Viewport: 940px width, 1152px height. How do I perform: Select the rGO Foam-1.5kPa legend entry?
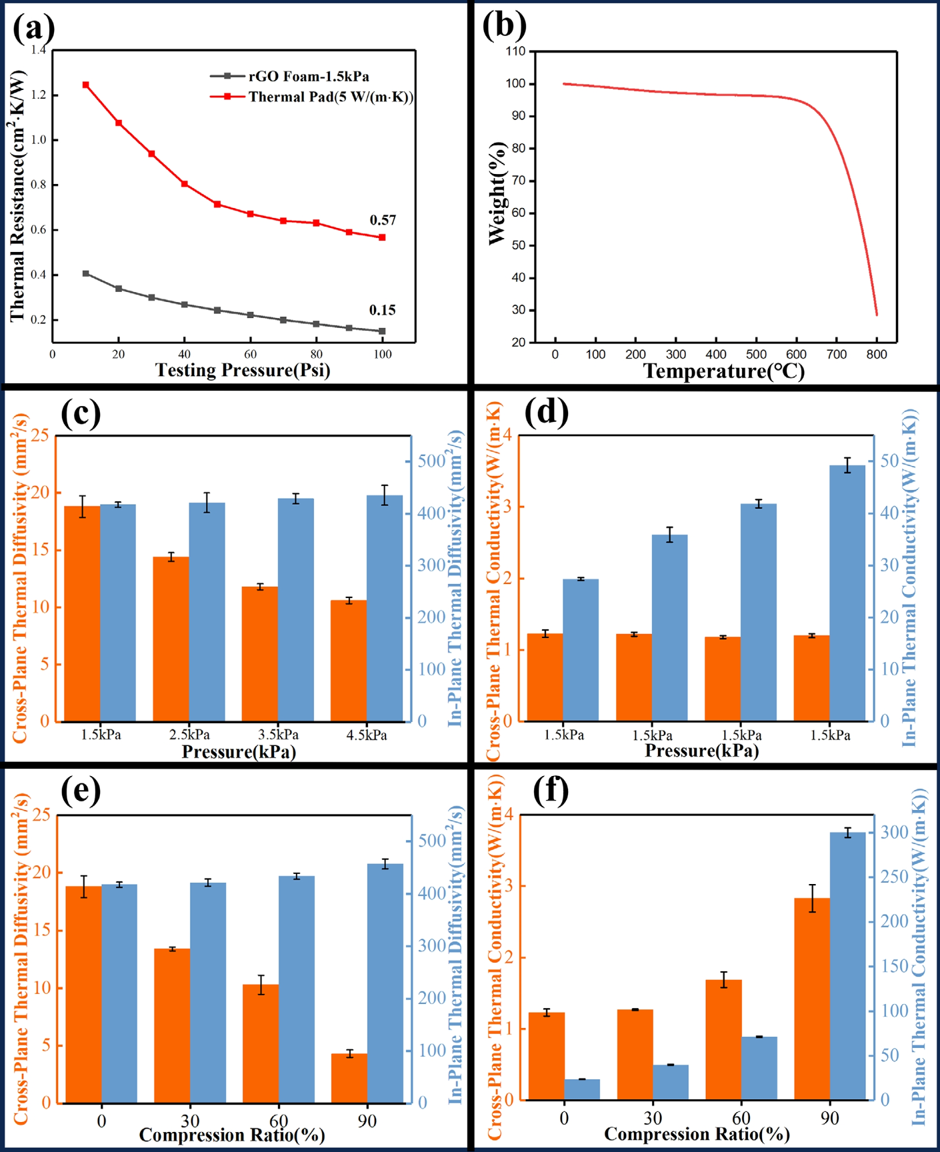point(308,76)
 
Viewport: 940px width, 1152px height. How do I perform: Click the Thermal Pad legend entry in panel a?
point(331,97)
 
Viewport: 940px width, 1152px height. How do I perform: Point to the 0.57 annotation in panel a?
point(383,220)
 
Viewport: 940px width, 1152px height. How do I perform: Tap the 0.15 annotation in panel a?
point(382,310)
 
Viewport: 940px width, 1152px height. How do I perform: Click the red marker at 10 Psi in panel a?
point(86,85)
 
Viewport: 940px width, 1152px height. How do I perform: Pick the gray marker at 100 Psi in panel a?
point(382,331)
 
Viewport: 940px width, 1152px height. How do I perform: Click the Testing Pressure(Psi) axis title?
point(243,370)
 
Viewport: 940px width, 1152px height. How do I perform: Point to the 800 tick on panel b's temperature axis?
point(876,355)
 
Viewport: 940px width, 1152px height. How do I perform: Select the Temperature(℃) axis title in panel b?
point(723,371)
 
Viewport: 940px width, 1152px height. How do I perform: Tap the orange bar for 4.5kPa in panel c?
point(349,660)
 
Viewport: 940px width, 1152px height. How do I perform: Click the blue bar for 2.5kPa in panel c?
point(207,611)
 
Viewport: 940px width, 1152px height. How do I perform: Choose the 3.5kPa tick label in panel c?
point(278,735)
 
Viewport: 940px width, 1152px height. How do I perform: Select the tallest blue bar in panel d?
point(847,592)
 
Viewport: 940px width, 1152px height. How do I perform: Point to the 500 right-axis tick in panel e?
point(431,840)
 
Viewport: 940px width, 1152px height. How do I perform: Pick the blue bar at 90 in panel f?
point(847,965)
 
